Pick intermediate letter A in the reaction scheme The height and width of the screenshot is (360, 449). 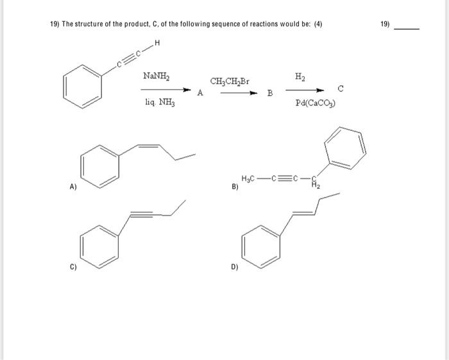tap(200, 93)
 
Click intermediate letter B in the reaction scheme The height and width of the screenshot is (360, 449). tap(270, 94)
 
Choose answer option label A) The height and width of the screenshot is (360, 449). tap(73, 187)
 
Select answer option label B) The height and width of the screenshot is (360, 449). tap(235, 188)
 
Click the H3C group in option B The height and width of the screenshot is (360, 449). tap(250, 178)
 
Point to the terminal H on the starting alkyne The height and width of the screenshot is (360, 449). tap(157, 44)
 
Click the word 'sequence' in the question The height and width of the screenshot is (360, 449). tap(192, 24)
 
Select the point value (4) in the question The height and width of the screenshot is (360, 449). tap(317, 24)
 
